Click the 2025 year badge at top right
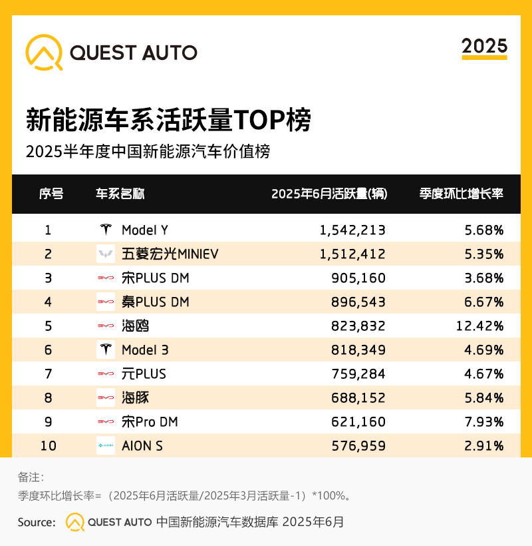point(484,46)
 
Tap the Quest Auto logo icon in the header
point(44,52)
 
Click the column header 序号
point(51,194)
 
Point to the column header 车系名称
point(120,194)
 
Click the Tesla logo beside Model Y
point(105,230)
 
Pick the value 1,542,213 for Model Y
point(352,230)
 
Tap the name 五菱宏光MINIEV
point(170,254)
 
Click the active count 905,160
point(358,278)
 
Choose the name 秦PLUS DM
point(156,302)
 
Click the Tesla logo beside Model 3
point(105,350)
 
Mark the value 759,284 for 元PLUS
point(358,374)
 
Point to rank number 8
point(48,398)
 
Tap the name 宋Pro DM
point(150,422)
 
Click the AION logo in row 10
point(105,445)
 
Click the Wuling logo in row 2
point(105,254)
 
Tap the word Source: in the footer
point(36,522)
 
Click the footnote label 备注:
point(31,477)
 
